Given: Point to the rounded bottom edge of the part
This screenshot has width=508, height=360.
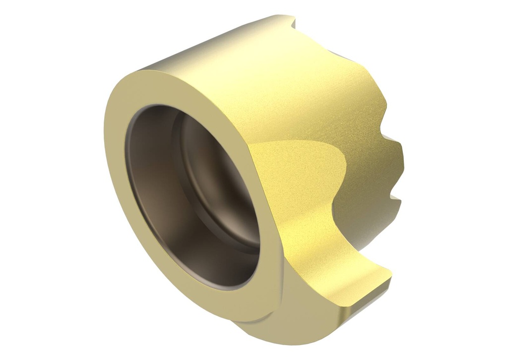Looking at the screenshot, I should click(278, 332).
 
